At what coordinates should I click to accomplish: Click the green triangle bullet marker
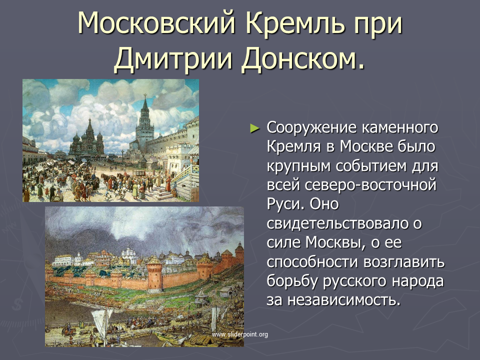tap(254, 128)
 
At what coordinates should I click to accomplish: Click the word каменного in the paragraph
tap(400, 127)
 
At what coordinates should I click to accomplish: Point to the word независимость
tap(344, 300)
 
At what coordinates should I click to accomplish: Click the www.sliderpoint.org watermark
tap(239, 334)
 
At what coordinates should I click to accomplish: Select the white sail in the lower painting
tap(101, 321)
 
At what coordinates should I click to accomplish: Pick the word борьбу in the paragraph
tap(292, 281)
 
